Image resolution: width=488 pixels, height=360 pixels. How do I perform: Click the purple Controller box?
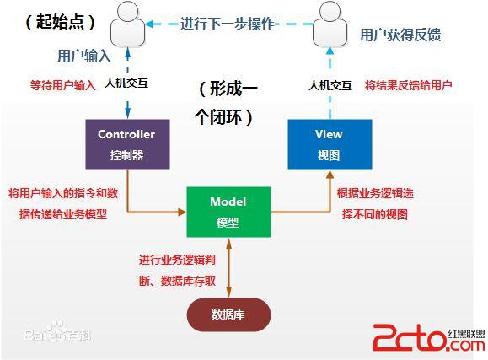[x=126, y=144]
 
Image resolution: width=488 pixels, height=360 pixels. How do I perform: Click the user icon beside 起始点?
[x=126, y=25]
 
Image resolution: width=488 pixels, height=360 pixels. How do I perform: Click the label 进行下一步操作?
[x=227, y=24]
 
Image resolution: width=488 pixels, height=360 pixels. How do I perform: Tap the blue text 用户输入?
[x=84, y=56]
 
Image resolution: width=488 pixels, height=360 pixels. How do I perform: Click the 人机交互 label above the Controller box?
[x=129, y=84]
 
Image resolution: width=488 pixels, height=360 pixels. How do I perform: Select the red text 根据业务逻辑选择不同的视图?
[x=375, y=203]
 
